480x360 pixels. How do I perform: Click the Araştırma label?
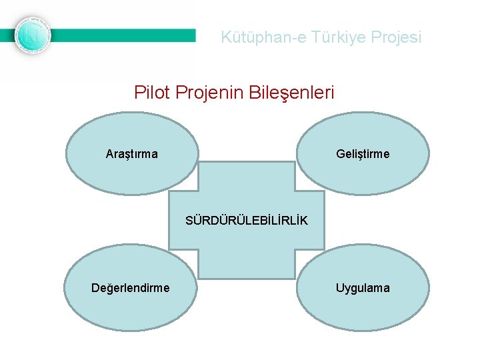click(132, 155)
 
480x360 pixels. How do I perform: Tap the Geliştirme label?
click(363, 155)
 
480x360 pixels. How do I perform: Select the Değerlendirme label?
click(131, 288)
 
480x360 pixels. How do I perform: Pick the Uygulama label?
click(363, 288)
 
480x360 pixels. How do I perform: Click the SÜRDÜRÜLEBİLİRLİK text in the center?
click(247, 221)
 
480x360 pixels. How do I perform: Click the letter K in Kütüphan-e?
click(226, 37)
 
